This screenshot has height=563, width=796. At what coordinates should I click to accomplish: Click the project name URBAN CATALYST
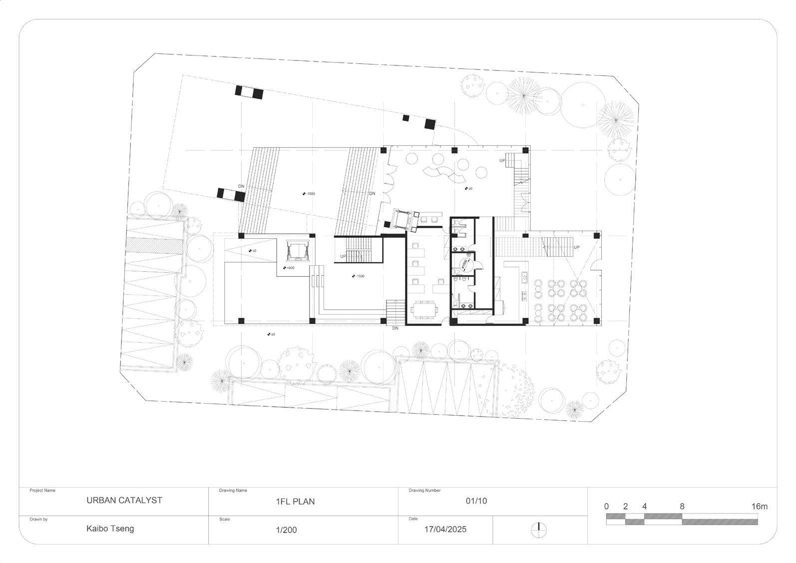pyautogui.click(x=124, y=500)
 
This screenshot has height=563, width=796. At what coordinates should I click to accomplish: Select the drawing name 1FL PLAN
pyautogui.click(x=295, y=502)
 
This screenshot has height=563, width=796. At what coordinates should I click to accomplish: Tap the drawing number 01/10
pyautogui.click(x=476, y=501)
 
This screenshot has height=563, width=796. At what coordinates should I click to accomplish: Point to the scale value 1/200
pyautogui.click(x=286, y=530)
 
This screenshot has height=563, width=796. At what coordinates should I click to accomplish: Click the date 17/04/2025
pyautogui.click(x=445, y=529)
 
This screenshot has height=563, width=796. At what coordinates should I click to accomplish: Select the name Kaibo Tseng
pyautogui.click(x=110, y=529)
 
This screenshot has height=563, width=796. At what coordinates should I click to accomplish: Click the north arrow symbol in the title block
pyautogui.click(x=539, y=530)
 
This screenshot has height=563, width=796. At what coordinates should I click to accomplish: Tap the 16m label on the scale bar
pyautogui.click(x=760, y=507)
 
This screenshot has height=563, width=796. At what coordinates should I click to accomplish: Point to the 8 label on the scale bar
pyautogui.click(x=682, y=507)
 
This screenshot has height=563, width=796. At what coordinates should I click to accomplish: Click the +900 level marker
pyautogui.click(x=289, y=268)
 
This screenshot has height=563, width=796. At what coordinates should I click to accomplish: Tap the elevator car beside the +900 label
pyautogui.click(x=299, y=251)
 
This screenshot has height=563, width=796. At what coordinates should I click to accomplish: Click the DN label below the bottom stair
pyautogui.click(x=395, y=328)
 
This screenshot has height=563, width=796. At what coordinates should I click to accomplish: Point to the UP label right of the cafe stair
pyautogui.click(x=577, y=247)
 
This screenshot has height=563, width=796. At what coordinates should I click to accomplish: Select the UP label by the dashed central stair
pyautogui.click(x=344, y=256)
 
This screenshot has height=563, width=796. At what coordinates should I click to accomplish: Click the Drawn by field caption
pyautogui.click(x=38, y=520)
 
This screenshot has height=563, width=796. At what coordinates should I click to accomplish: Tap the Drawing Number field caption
pyautogui.click(x=424, y=491)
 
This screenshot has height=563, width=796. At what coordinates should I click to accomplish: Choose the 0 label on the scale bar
pyautogui.click(x=606, y=507)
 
